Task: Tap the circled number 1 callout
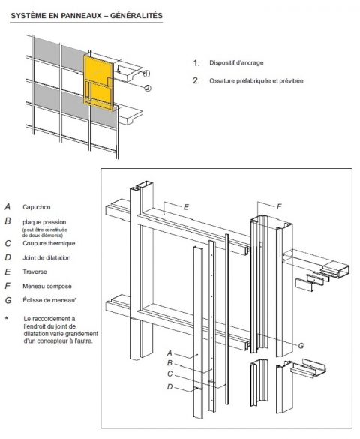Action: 147,74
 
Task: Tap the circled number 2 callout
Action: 147,88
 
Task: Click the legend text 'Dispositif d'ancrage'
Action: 237,63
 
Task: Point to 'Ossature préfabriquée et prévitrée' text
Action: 256,80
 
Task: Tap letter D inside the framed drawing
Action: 169,387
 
